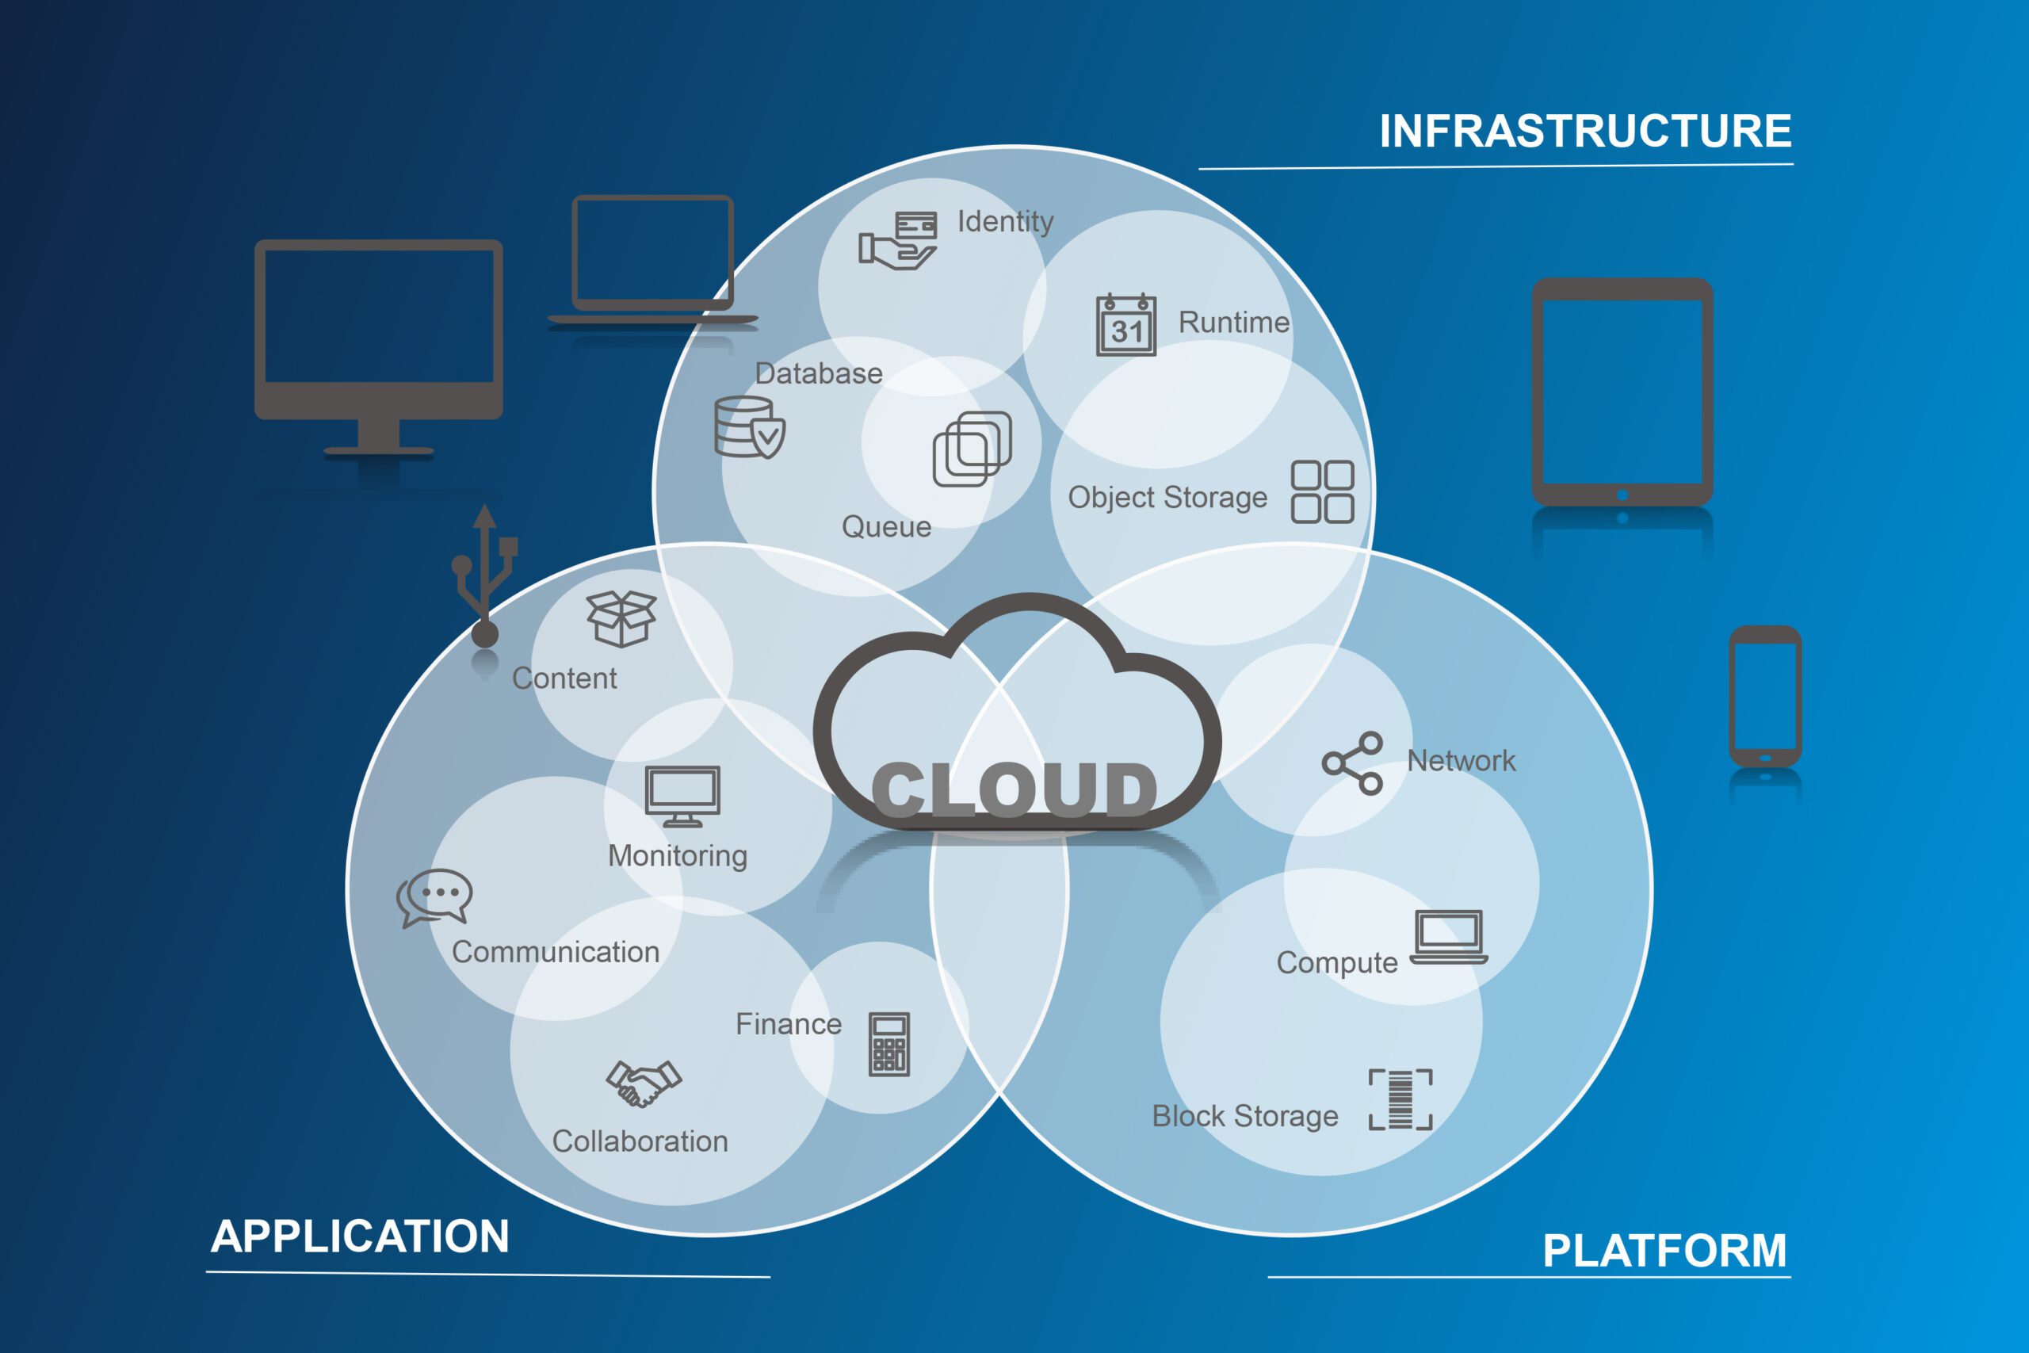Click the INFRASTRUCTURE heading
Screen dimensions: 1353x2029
point(1584,131)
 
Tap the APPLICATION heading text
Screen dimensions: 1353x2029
point(360,1236)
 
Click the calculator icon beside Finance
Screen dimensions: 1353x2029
point(888,1044)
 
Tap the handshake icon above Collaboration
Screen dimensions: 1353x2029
point(643,1083)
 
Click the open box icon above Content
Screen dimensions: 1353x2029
point(621,617)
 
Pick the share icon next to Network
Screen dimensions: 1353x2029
point(1353,762)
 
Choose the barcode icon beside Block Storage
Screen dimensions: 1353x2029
point(1400,1099)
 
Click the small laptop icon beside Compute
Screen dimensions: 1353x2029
point(1448,937)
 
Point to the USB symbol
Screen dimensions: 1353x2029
point(485,574)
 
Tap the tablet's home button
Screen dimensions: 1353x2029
point(1622,495)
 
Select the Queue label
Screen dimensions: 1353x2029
point(886,526)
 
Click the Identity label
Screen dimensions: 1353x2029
point(1005,222)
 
